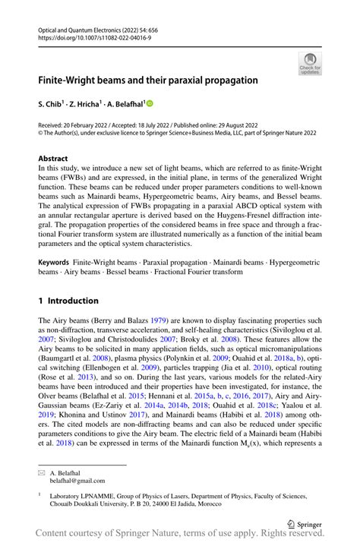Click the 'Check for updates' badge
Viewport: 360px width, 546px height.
point(310,63)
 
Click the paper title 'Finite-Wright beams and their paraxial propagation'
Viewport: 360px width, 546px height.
point(148,80)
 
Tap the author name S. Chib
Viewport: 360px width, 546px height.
point(52,103)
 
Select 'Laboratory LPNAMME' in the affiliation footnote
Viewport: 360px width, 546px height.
point(81,496)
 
